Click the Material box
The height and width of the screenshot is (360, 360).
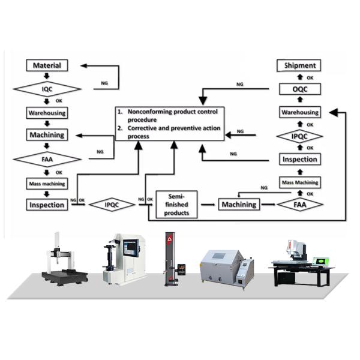point(47,65)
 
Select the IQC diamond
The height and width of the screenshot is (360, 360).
point(47,89)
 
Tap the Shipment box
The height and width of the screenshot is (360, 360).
point(299,65)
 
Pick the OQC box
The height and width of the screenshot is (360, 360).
point(299,89)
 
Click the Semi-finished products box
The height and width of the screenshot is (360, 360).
point(176,205)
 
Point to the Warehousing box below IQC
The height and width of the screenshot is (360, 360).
point(47,112)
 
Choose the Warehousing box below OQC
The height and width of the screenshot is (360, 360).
point(299,112)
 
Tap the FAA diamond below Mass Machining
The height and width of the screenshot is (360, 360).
point(299,205)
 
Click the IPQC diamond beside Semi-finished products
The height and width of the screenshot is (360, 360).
point(112,205)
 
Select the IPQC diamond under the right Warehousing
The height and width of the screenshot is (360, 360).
point(299,136)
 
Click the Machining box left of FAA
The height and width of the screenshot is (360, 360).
point(239,205)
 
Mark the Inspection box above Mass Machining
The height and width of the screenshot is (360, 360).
point(299,160)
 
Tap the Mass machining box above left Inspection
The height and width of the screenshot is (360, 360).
point(47,182)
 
